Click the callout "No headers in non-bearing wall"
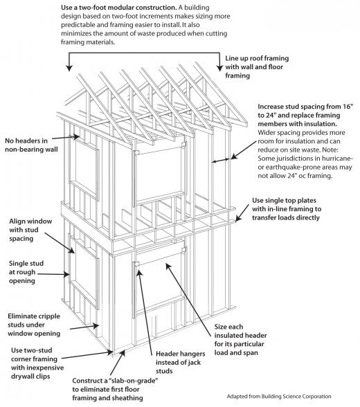[x=31, y=145]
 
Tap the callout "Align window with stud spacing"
[x=30, y=230]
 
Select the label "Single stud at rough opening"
[x=26, y=272]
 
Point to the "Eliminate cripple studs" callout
[x=34, y=325]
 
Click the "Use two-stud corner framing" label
[x=37, y=363]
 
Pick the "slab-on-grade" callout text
[x=115, y=389]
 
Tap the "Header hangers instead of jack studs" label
[x=180, y=362]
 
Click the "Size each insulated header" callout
[x=240, y=339]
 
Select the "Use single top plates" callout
[x=287, y=209]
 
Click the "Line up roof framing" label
[x=257, y=66]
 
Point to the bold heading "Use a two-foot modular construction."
[x=119, y=8]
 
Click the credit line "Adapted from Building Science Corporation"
[x=279, y=397]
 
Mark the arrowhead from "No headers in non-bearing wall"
[x=77, y=136]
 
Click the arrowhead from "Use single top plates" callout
[x=237, y=219]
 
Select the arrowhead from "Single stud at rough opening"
[x=67, y=274]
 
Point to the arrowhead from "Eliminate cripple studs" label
[x=96, y=326]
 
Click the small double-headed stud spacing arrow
[x=220, y=161]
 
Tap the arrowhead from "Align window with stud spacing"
[x=72, y=251]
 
